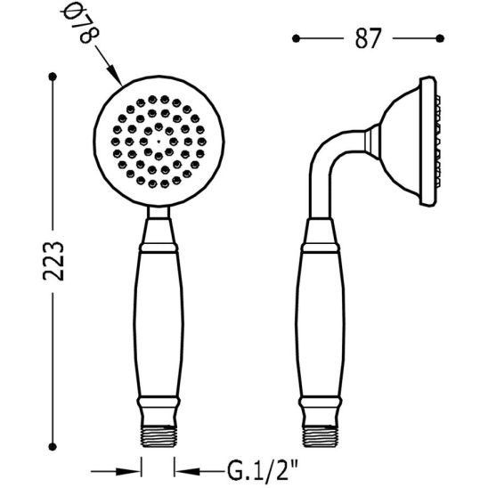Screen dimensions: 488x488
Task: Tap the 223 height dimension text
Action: point(53,262)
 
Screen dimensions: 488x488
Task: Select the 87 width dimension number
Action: point(368,38)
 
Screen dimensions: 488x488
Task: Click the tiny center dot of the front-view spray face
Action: point(159,142)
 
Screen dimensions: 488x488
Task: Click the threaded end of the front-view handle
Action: point(159,436)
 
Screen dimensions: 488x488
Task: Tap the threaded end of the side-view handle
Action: point(321,436)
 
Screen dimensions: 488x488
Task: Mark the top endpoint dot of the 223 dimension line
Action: point(53,77)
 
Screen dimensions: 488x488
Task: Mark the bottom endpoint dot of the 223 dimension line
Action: point(53,447)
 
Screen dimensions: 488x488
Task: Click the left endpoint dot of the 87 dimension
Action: point(296,38)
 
